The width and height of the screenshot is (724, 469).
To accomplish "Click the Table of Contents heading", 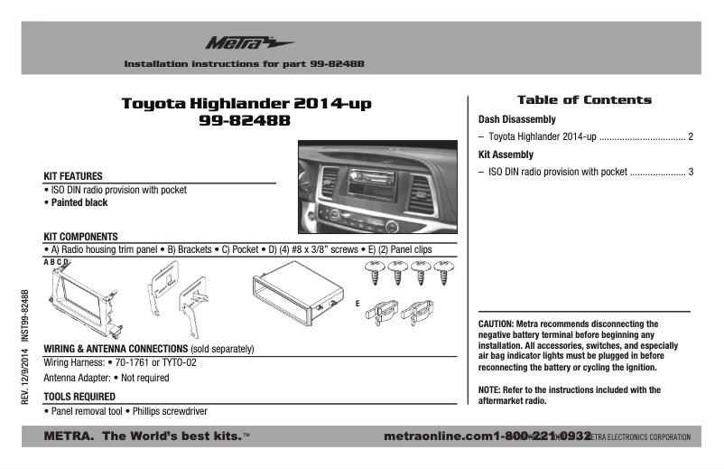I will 583,100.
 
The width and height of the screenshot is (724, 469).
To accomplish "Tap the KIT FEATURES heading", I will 73,176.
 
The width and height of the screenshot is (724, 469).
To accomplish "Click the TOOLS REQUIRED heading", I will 79,397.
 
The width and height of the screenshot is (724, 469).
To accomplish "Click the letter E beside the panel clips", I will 357,304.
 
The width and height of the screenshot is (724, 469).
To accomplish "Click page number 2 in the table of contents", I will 691,137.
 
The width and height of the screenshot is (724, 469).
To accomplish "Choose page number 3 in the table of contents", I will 691,172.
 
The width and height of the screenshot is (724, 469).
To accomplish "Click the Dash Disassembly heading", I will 516,119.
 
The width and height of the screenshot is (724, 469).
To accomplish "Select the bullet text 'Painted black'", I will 79,203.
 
